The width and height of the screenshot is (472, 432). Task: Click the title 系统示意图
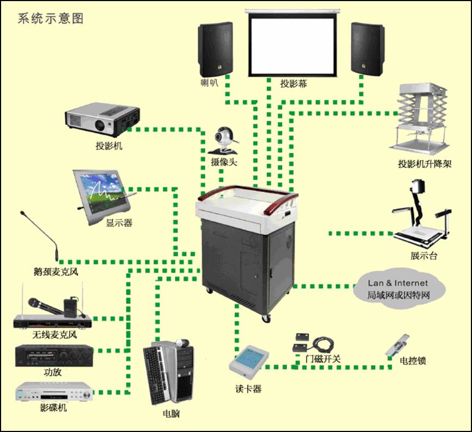tap(51, 18)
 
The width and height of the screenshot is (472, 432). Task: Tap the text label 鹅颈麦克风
tap(55, 271)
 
